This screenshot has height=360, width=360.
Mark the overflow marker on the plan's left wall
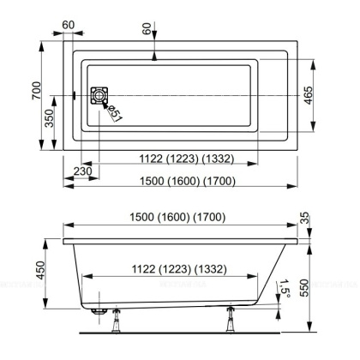point(76,94)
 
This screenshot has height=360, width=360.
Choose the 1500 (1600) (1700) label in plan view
point(183,181)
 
